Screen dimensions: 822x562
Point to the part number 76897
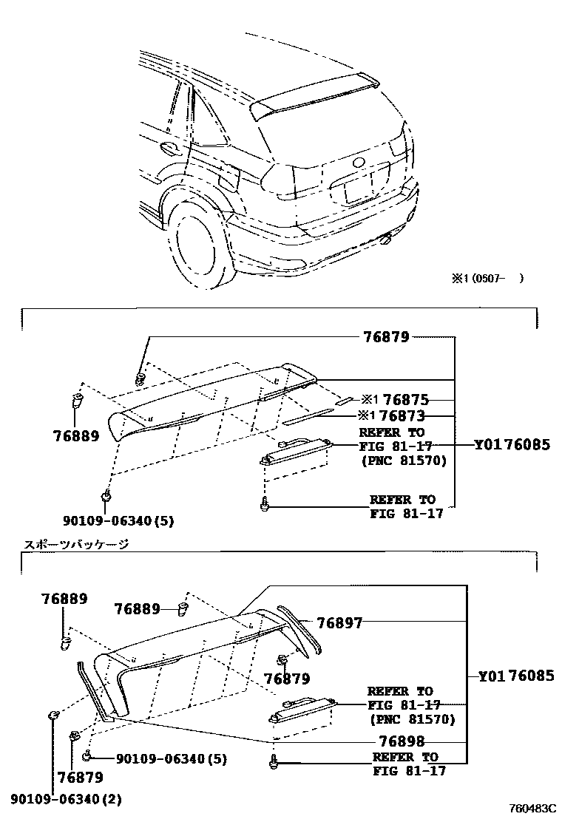[x=339, y=623]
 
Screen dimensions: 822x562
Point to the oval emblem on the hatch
[x=359, y=163]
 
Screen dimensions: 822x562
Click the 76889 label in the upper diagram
[x=75, y=436]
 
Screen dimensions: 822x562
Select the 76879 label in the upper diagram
[x=386, y=337]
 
